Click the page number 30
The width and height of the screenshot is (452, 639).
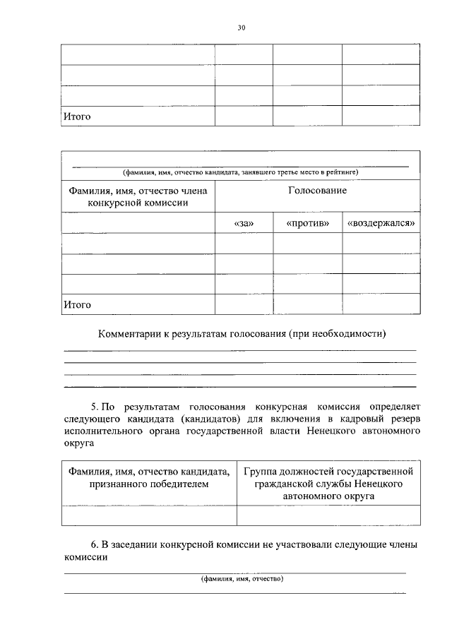click(241, 28)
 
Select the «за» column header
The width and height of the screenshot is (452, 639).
click(243, 223)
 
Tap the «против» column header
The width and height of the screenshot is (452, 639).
click(307, 223)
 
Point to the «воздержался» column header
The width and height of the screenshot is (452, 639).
click(381, 223)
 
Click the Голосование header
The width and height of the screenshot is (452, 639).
click(317, 191)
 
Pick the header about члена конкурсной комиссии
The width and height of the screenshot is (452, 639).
click(138, 196)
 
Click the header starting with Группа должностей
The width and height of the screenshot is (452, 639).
click(328, 484)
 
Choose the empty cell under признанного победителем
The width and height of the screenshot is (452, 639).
click(149, 516)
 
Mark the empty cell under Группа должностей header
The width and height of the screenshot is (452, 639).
click(328, 516)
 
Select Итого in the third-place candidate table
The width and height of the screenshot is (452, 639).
click(77, 305)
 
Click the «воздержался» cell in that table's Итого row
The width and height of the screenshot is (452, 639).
click(381, 305)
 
